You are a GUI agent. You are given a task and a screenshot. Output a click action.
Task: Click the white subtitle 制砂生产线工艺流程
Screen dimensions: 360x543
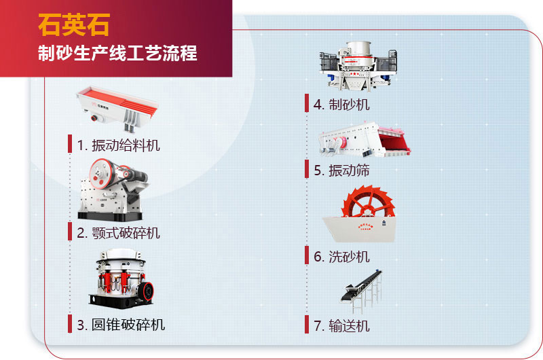click(117, 53)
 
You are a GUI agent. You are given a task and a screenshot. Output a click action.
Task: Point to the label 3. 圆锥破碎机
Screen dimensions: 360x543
click(120, 324)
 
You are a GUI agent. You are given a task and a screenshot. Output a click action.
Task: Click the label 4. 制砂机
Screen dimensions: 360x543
click(341, 104)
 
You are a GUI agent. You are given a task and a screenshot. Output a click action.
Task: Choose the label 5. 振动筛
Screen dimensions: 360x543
click(341, 170)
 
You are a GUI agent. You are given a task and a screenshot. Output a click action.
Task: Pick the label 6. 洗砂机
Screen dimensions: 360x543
click(341, 256)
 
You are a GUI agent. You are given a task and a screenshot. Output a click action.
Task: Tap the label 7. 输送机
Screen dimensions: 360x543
click(341, 325)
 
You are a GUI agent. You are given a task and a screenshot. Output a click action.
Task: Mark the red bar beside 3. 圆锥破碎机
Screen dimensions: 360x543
click(69, 324)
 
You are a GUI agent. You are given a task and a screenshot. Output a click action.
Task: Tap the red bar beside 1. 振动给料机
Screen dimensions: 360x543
click(69, 144)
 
